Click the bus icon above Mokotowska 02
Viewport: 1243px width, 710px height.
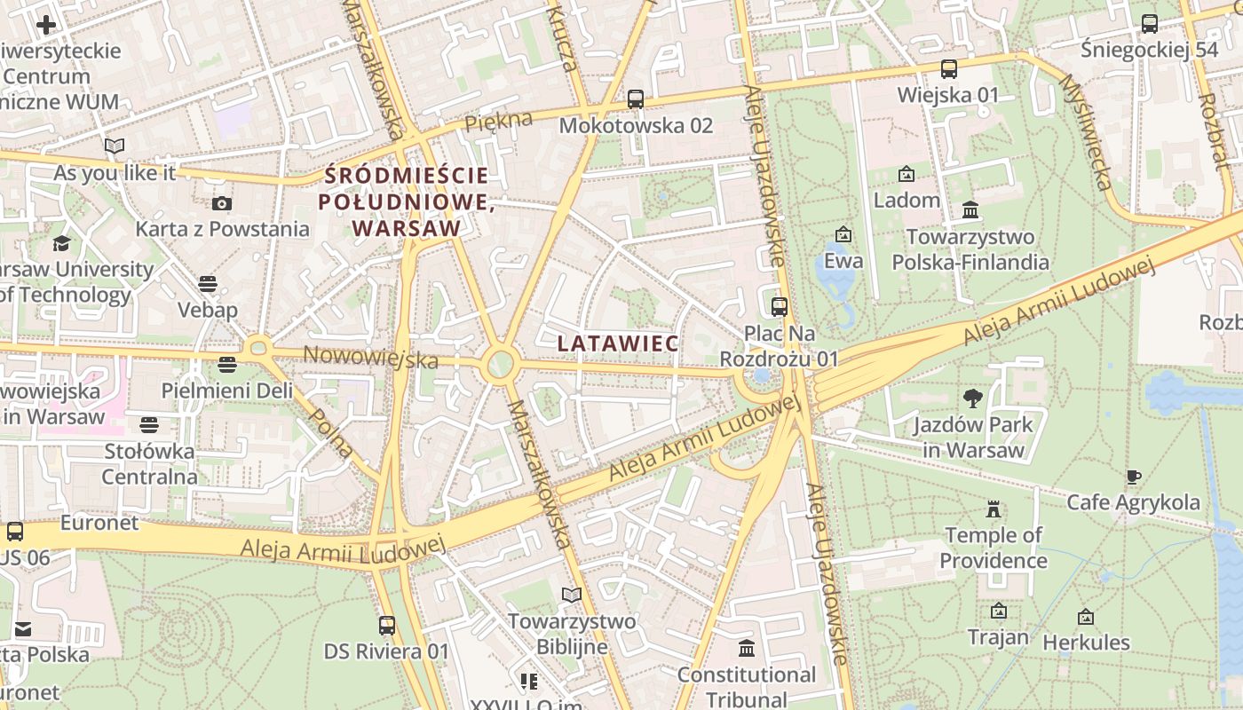635,99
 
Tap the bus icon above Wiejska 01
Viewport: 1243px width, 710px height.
948,69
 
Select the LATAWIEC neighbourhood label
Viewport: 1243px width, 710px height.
618,343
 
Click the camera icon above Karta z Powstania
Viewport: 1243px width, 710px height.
222,203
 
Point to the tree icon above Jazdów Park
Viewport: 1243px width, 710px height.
973,398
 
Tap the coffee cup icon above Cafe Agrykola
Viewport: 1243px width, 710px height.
1133,477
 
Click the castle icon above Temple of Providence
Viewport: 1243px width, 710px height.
993,509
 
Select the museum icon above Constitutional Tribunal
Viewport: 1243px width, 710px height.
746,649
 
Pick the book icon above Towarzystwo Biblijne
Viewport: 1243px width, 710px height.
572,595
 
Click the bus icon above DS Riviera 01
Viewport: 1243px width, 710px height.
386,626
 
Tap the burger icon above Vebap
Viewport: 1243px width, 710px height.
208,284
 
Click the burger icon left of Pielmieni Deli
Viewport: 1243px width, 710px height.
227,365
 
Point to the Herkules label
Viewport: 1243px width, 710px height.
1086,642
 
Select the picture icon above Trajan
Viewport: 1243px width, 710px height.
998,611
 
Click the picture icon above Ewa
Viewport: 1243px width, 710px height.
843,235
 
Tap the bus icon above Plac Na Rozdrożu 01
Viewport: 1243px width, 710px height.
779,307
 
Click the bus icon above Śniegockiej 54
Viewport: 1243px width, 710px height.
1149,24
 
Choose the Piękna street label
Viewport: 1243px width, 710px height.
498,122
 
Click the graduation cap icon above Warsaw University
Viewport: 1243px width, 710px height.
61,243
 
